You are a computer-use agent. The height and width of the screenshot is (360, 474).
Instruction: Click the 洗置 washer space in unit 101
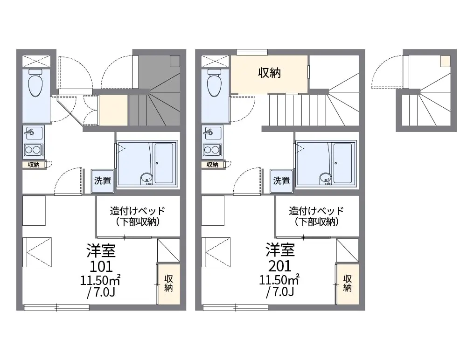(x=103, y=181)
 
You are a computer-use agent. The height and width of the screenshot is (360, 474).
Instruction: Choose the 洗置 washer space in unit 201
(x=282, y=181)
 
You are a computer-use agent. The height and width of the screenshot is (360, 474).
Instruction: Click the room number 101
(x=101, y=266)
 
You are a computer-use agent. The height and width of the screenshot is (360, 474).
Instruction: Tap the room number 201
(x=280, y=266)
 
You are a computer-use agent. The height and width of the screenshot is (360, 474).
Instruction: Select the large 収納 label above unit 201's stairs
(x=269, y=73)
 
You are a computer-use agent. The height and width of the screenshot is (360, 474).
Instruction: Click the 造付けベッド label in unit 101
(x=138, y=210)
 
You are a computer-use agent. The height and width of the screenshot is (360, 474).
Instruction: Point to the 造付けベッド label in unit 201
(x=316, y=210)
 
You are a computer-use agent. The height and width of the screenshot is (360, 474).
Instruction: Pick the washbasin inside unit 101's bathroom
(x=146, y=178)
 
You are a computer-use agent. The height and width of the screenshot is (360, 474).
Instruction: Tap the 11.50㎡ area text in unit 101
(x=100, y=280)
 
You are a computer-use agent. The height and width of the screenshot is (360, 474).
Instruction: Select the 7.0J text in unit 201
(x=280, y=292)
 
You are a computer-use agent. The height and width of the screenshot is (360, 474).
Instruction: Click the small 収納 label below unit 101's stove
(x=34, y=165)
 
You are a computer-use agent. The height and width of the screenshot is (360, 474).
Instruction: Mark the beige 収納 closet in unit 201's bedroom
(x=348, y=284)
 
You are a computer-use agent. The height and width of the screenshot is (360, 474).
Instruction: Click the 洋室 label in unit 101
(x=101, y=250)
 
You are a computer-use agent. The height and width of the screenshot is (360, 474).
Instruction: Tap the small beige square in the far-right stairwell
(x=445, y=62)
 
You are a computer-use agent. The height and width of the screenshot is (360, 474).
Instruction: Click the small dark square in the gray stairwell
(x=175, y=62)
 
